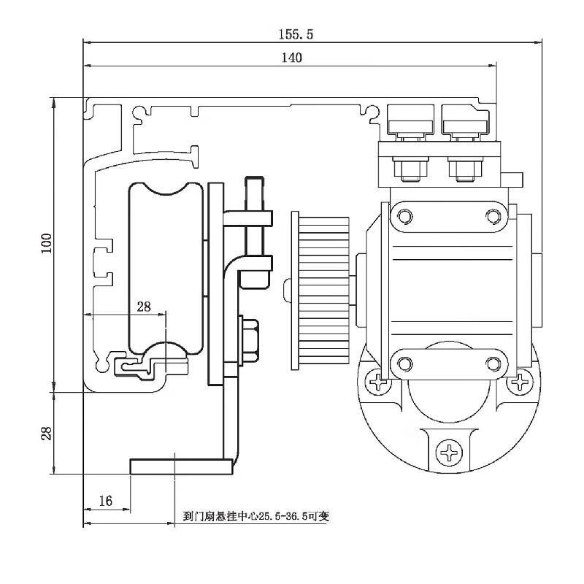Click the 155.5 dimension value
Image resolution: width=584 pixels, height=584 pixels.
click(x=296, y=34)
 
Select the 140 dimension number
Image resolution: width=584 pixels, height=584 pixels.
click(x=291, y=58)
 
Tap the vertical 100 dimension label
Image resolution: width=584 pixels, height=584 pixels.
click(x=46, y=243)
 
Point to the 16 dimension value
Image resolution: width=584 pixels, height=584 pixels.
click(x=105, y=501)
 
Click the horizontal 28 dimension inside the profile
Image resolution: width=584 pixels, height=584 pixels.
click(x=144, y=307)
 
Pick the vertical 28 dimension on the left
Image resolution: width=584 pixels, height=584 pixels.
click(x=46, y=433)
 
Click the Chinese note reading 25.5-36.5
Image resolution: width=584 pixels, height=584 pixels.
click(x=256, y=516)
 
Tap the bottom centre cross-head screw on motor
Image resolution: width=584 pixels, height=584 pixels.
click(x=449, y=453)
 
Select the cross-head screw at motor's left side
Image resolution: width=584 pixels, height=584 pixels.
click(x=378, y=382)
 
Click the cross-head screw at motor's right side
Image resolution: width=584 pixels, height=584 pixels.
click(x=520, y=381)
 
